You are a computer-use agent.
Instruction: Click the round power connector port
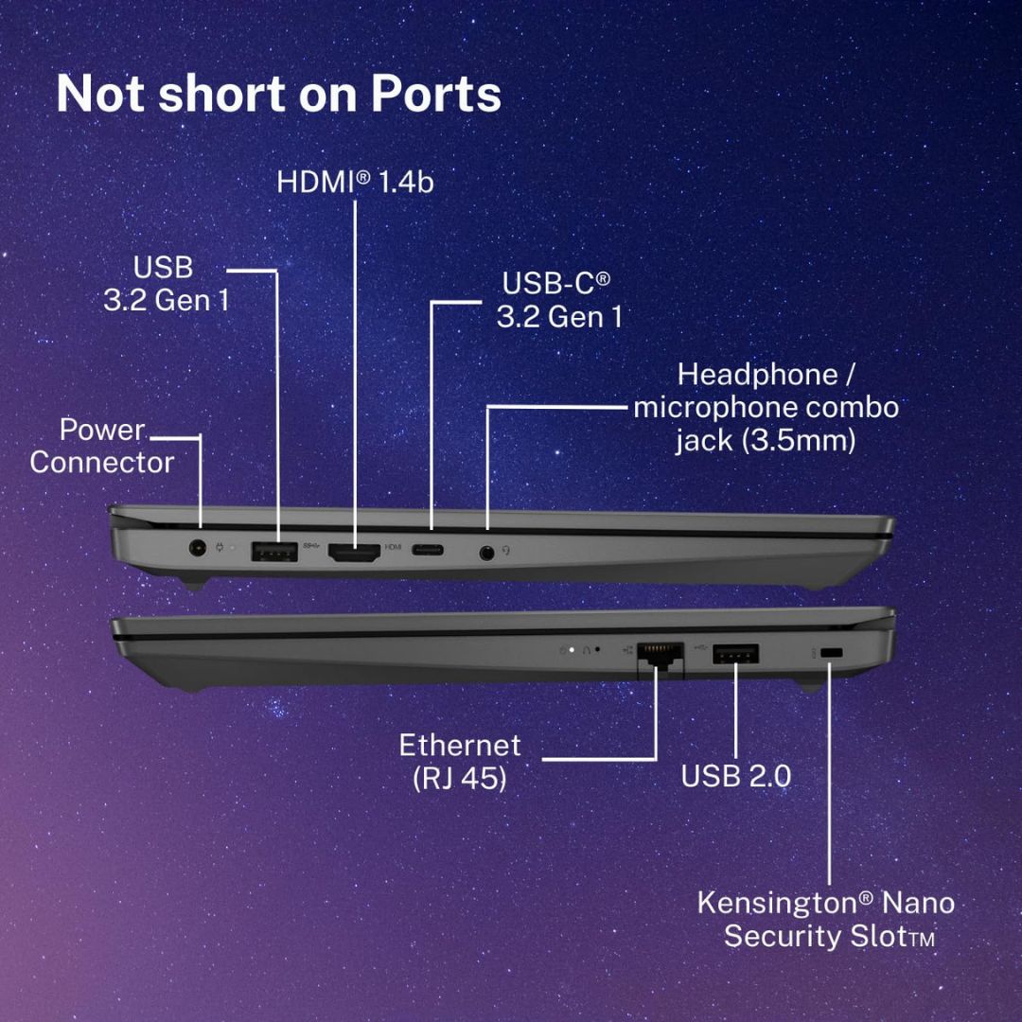click(x=197, y=548)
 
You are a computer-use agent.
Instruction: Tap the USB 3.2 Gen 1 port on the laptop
click(x=274, y=552)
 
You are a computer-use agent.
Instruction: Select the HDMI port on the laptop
click(x=354, y=553)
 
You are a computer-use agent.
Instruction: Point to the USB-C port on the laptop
click(x=428, y=550)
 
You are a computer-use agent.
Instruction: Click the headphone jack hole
click(x=486, y=554)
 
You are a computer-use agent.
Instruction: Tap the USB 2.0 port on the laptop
click(x=735, y=653)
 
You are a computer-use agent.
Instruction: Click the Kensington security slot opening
click(x=832, y=652)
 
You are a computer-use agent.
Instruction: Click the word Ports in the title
click(x=436, y=94)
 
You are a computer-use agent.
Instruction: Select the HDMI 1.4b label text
click(x=355, y=182)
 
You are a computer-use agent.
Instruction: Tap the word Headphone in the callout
click(x=757, y=375)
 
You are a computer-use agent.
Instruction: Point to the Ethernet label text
click(x=460, y=745)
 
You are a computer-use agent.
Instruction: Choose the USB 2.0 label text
click(x=736, y=776)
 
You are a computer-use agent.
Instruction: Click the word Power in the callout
click(x=102, y=430)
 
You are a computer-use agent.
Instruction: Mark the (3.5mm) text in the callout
click(x=799, y=441)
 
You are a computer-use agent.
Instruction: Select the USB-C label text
click(x=556, y=283)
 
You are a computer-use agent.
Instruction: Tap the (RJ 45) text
click(x=460, y=778)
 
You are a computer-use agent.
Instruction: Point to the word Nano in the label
click(x=918, y=904)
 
